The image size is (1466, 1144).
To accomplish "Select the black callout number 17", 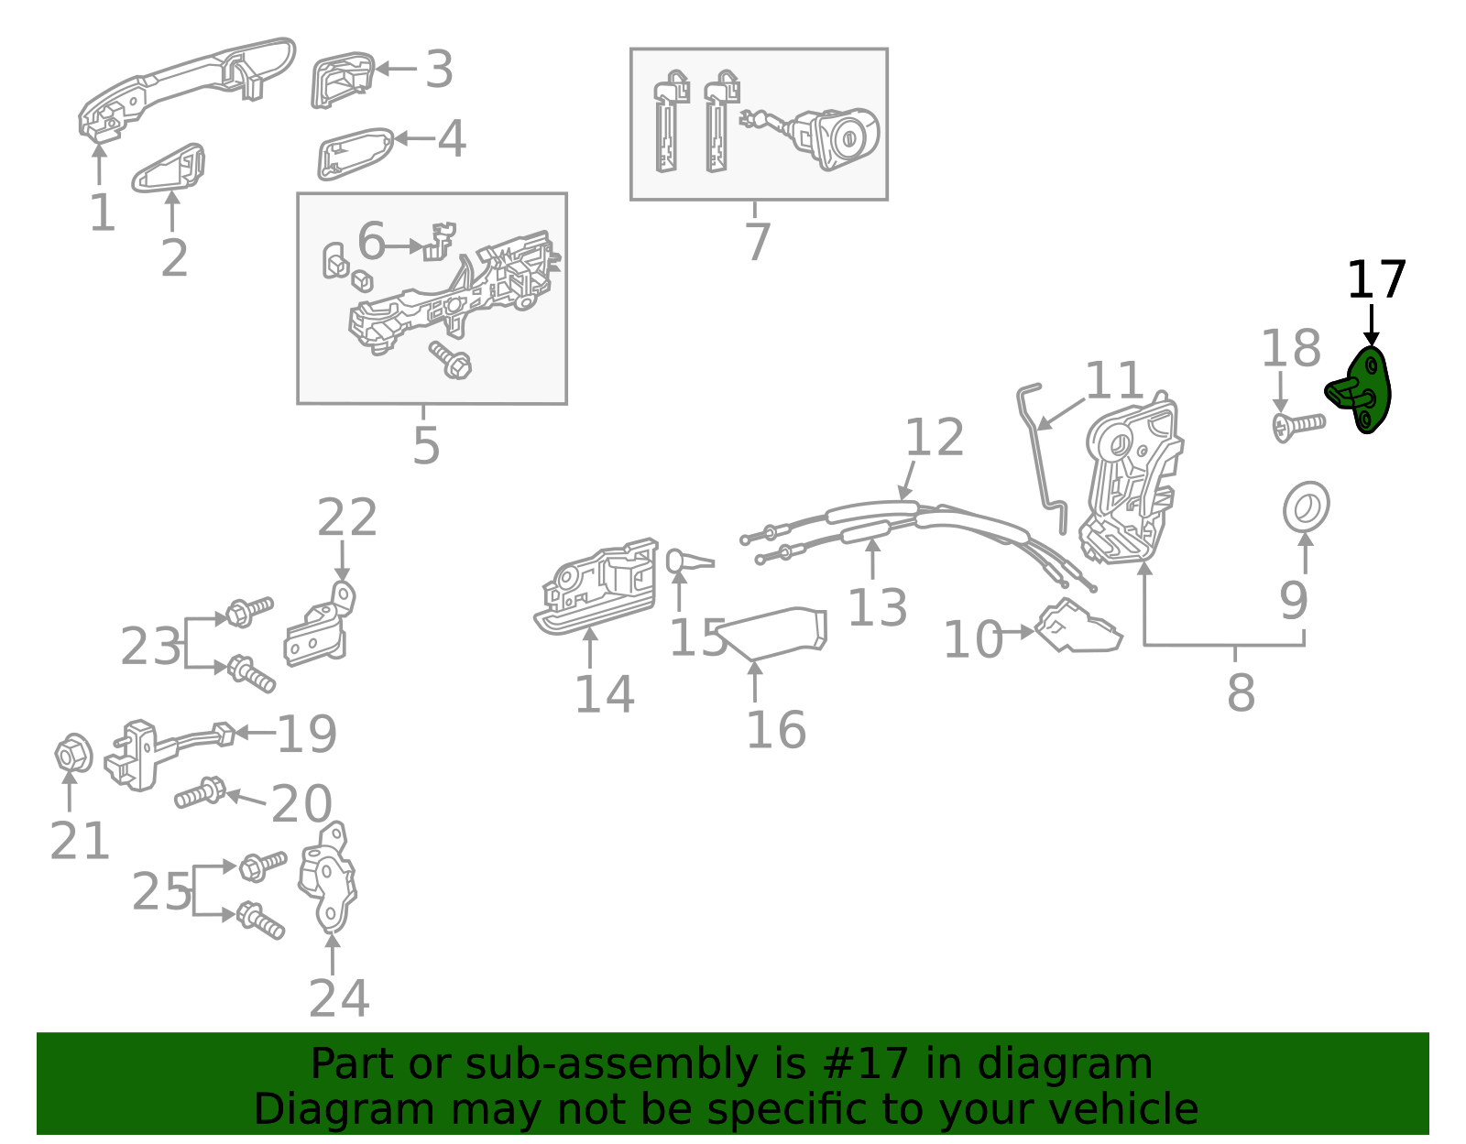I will tap(1375, 280).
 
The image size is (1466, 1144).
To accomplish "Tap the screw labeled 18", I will tap(1297, 426).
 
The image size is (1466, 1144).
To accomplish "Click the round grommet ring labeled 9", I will tap(1306, 506).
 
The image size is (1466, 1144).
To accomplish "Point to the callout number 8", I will tap(1241, 692).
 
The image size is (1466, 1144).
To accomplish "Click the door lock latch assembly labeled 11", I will tap(1132, 481).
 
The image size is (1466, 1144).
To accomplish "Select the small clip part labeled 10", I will tap(1078, 627).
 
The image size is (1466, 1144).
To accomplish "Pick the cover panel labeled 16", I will tap(775, 633).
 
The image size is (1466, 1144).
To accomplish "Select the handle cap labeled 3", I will tap(342, 81).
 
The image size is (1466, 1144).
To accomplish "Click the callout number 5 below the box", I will tap(426, 445).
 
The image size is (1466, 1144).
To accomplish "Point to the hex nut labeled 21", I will tap(73, 755).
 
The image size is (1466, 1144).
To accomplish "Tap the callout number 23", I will tap(150, 647).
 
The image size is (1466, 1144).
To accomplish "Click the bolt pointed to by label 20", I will tap(200, 792).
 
